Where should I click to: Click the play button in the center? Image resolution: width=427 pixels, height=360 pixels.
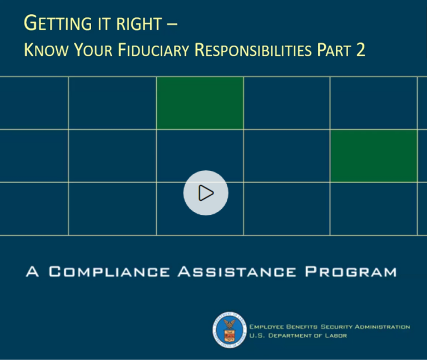206,193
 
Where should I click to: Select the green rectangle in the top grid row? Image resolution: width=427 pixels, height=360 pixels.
200,103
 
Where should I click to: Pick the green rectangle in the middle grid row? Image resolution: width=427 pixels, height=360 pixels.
373,156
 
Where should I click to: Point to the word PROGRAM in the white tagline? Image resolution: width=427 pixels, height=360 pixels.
351,272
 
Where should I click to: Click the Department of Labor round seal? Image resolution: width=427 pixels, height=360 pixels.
229,330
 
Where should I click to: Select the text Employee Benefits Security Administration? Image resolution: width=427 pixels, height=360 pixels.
330,327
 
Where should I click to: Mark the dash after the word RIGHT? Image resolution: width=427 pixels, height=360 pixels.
176,24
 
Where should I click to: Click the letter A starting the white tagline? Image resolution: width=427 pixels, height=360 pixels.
32,272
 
